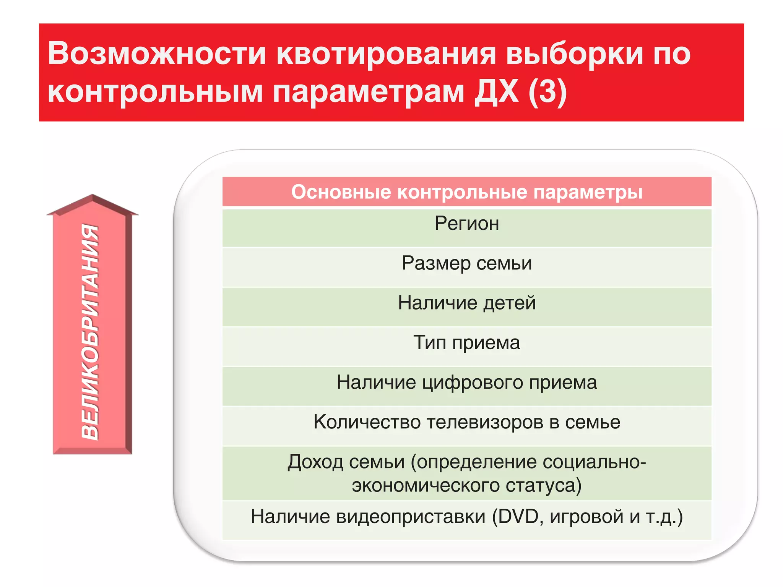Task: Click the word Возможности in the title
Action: [x=157, y=54]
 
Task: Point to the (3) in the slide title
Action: [x=547, y=92]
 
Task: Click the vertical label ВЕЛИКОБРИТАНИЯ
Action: [x=90, y=332]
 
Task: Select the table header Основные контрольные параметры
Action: [x=466, y=192]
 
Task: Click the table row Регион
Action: [x=466, y=224]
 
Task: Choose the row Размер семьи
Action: [x=466, y=263]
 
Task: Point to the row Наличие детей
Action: [x=466, y=303]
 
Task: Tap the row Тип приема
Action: [x=466, y=343]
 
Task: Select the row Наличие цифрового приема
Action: [x=466, y=383]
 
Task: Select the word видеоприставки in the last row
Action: [x=411, y=517]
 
